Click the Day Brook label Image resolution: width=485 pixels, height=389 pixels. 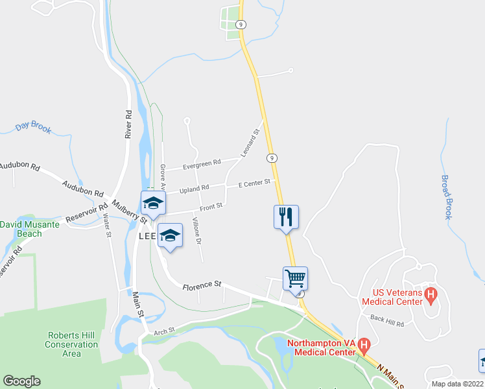pos(33,128)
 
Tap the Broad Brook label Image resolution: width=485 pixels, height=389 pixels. pos(446,197)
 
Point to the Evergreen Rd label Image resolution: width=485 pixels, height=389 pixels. pos(202,163)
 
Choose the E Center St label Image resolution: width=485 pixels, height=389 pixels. pos(254,183)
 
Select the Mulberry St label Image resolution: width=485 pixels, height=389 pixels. pos(130,211)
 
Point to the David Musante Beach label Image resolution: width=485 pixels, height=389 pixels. pos(29,229)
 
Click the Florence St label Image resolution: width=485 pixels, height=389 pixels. pos(202,285)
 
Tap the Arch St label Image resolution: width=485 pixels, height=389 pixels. pos(165,331)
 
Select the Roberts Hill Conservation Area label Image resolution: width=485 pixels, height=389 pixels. pos(71,344)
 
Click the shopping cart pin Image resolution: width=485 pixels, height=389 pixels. pos(295,279)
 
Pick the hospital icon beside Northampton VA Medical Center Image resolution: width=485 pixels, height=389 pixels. pos(364,346)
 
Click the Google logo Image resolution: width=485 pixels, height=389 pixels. pos(21,381)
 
